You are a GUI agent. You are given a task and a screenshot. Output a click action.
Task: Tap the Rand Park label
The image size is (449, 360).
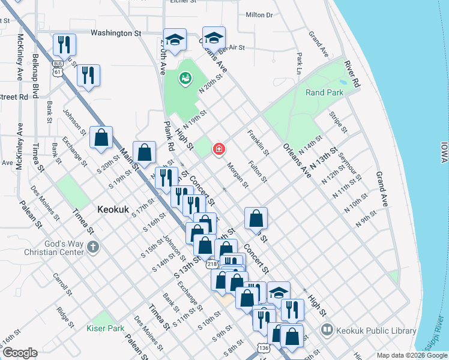(x=324, y=93)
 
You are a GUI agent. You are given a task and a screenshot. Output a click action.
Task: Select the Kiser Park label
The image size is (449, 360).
(x=105, y=328)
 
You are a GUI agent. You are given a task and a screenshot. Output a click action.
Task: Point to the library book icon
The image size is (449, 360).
(x=327, y=329)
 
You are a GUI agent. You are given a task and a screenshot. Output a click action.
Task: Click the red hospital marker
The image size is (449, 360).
(x=219, y=149)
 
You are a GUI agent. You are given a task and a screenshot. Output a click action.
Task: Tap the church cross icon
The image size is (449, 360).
(x=92, y=247)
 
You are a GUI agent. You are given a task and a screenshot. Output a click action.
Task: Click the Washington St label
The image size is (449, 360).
(x=115, y=34)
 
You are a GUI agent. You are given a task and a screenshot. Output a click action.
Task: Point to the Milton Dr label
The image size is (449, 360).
(x=259, y=14)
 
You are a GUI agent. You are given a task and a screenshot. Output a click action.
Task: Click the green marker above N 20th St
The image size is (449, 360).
(x=185, y=78)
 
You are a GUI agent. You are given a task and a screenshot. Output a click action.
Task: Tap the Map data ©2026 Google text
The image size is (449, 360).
(x=412, y=355)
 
